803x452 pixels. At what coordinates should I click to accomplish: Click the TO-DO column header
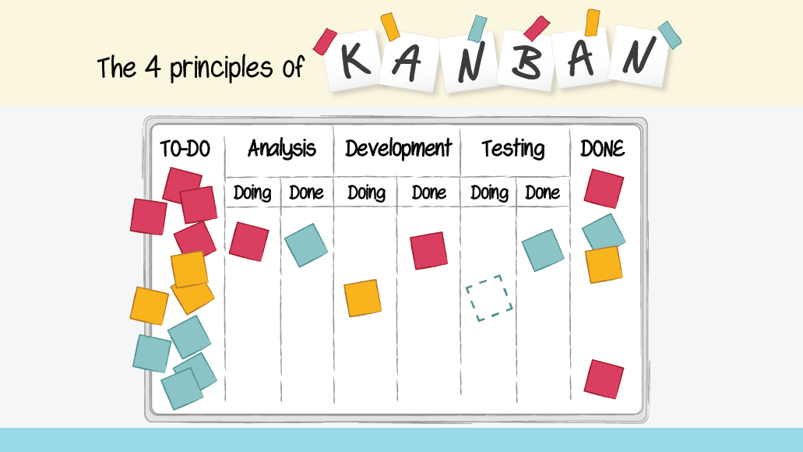point(185,149)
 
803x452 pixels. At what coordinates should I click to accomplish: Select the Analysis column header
point(281,148)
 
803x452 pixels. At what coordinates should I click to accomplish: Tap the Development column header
point(398,148)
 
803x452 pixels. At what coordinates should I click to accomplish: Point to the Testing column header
point(512,148)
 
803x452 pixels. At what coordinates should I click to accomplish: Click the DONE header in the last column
point(602,148)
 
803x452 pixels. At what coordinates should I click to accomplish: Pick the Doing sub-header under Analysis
point(252,192)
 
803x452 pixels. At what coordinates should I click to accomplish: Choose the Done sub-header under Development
point(428,192)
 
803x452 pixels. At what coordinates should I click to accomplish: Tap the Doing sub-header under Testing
point(489,192)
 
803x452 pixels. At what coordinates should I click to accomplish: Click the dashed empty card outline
point(489,298)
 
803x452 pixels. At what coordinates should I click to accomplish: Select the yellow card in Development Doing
point(363,298)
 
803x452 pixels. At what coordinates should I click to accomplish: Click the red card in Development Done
point(429,250)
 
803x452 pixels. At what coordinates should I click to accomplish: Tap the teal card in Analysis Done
point(305,245)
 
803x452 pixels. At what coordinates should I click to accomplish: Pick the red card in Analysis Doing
point(248,241)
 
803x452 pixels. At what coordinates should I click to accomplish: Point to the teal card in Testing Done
point(543,250)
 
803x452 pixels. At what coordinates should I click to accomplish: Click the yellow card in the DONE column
point(604,264)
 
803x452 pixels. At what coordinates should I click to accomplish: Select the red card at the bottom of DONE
point(604,378)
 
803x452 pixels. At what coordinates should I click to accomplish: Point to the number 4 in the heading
point(152,68)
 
